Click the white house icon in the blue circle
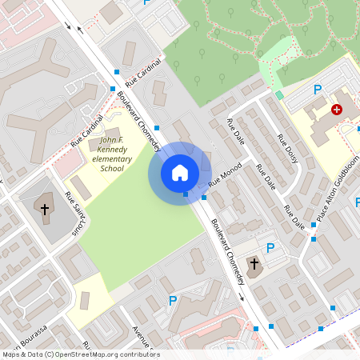tap(180, 173)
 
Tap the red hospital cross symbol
tap(337, 109)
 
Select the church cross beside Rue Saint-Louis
tap(45, 210)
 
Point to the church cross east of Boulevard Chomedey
tap(255, 263)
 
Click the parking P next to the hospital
tap(318, 90)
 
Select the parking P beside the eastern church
tap(270, 248)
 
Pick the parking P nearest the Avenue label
tap(172, 301)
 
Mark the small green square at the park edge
tap(279, 95)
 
